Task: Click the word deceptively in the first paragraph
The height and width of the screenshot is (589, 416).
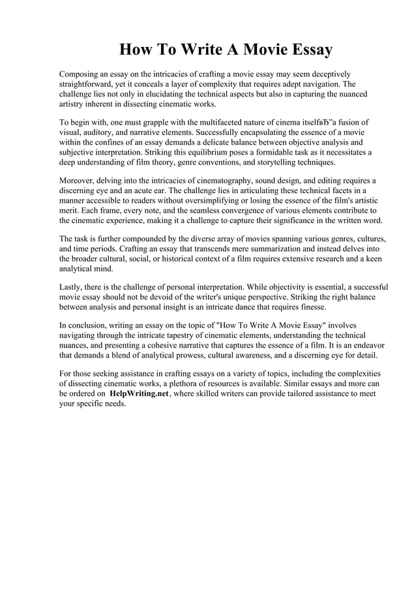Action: (327, 74)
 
